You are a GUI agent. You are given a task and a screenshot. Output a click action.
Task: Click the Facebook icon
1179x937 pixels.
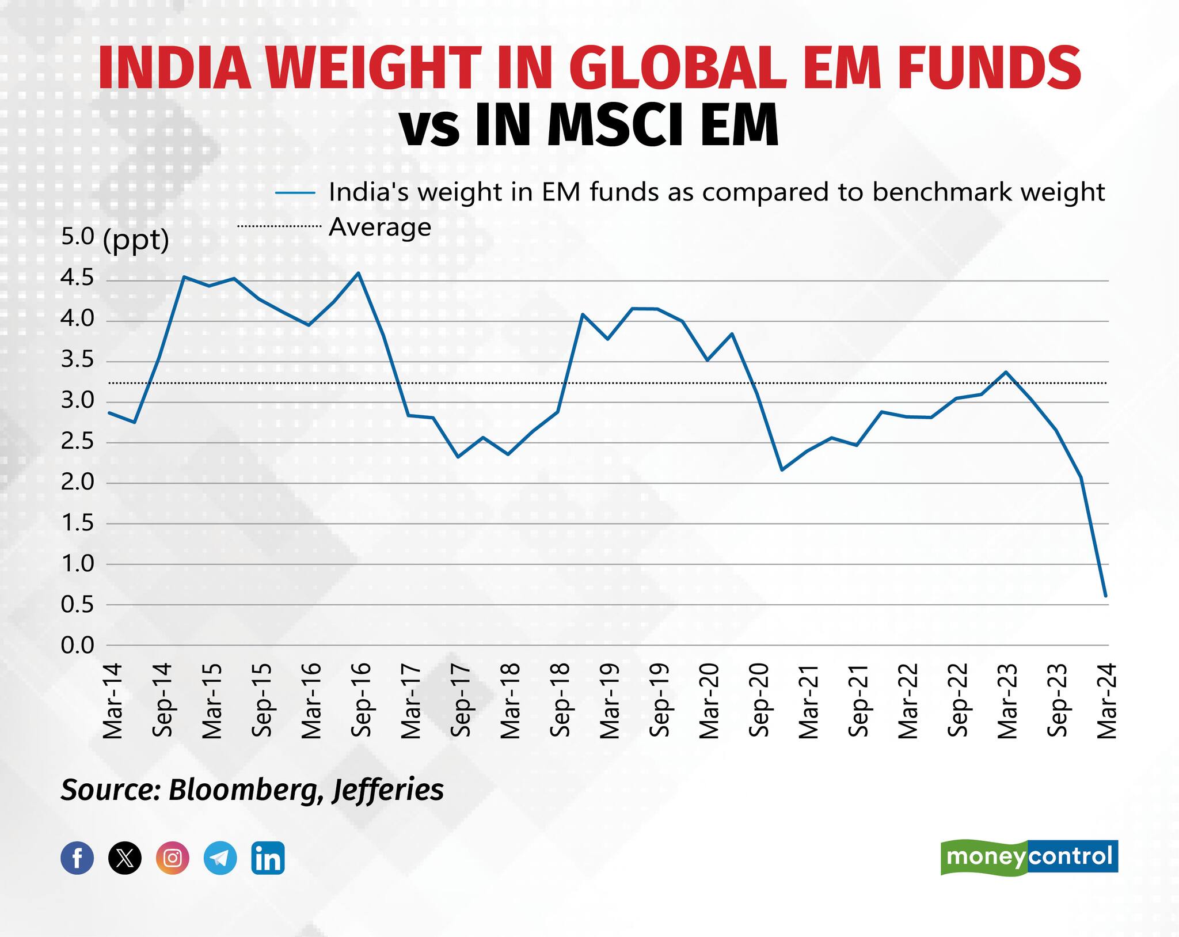pyautogui.click(x=77, y=858)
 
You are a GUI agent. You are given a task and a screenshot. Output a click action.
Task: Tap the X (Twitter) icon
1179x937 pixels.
pyautogui.click(x=125, y=858)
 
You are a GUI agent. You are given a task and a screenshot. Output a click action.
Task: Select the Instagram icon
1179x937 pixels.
pyautogui.click(x=173, y=858)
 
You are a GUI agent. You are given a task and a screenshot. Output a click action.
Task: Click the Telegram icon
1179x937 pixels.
pyautogui.click(x=220, y=858)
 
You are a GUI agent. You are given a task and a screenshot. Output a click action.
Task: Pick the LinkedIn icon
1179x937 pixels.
pyautogui.click(x=268, y=858)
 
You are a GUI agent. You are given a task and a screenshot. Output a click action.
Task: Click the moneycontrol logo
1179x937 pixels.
pyautogui.click(x=1029, y=858)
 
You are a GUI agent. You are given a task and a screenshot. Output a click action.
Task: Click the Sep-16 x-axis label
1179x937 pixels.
pyautogui.click(x=361, y=700)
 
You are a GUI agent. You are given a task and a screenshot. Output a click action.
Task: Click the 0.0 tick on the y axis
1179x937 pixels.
pyautogui.click(x=77, y=645)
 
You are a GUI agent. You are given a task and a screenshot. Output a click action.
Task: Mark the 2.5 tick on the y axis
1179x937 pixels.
pyautogui.click(x=77, y=442)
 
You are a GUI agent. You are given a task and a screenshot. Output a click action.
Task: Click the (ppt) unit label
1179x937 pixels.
pyautogui.click(x=136, y=240)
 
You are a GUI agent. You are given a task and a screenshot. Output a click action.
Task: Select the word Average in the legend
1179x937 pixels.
pyautogui.click(x=380, y=227)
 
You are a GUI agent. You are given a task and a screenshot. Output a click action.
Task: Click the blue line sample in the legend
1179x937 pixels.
pyautogui.click(x=295, y=192)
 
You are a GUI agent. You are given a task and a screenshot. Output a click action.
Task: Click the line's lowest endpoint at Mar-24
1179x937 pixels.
pyautogui.click(x=1106, y=595)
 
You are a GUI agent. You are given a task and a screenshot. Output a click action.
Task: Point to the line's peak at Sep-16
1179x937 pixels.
pyautogui.click(x=358, y=273)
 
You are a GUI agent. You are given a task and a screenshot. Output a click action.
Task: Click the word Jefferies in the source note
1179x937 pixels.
pyautogui.click(x=388, y=790)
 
